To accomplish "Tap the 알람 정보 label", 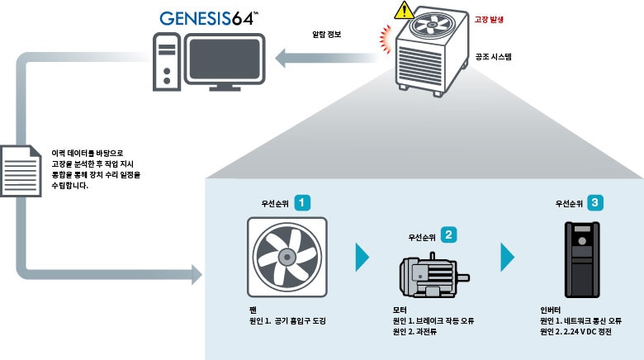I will [x=328, y=35].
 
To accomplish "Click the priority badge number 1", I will [x=304, y=201].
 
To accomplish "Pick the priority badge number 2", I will [x=448, y=234].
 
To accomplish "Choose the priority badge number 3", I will [x=595, y=201].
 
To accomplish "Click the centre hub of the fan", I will [x=286, y=257].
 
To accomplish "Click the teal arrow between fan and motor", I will [x=362, y=257].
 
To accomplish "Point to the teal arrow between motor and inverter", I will [x=507, y=257].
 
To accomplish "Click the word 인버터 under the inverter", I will [x=550, y=310].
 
